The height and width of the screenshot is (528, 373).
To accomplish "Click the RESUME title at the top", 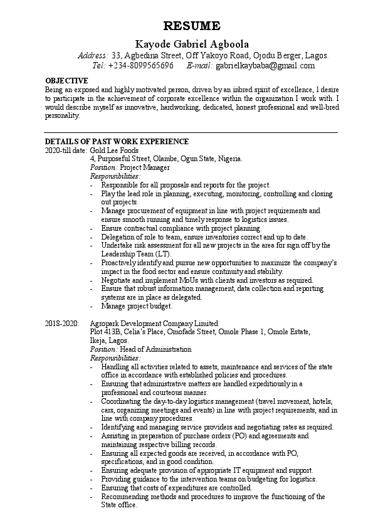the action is [x=192, y=26].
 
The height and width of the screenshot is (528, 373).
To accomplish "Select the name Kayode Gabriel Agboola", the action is [x=192, y=45].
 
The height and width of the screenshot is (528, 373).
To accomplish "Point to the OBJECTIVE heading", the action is [x=66, y=81].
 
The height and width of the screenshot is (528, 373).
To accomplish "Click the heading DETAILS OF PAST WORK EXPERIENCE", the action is [x=117, y=142].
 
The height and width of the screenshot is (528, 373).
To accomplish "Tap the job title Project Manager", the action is [x=145, y=168].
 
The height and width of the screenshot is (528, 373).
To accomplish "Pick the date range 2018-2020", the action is [x=62, y=323].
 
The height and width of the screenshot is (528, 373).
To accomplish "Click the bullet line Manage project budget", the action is [x=137, y=306].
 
